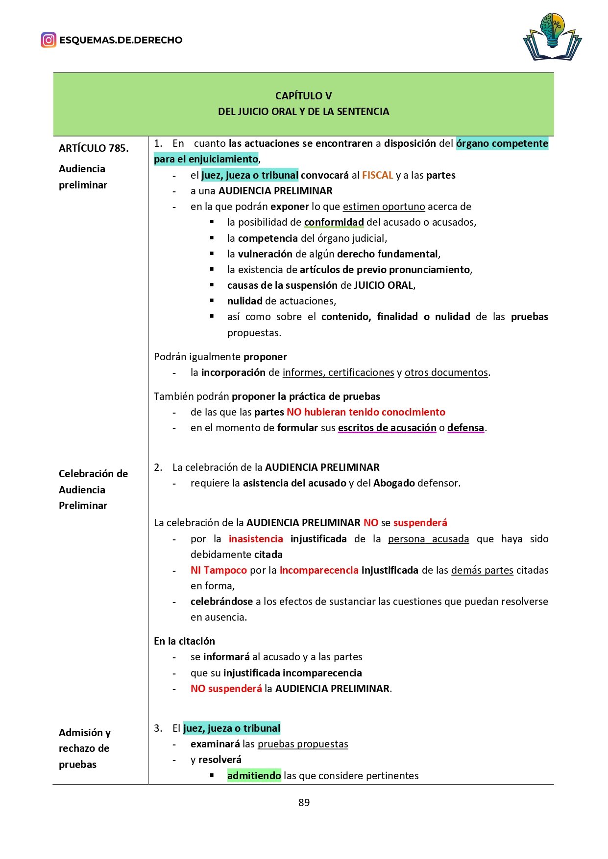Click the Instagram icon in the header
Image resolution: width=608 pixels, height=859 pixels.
[49, 40]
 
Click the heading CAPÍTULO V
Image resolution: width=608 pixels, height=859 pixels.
[303, 96]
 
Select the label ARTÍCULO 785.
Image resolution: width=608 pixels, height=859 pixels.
[94, 148]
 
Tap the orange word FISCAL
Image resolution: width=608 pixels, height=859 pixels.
[377, 175]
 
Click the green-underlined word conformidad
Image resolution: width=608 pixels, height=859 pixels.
[334, 222]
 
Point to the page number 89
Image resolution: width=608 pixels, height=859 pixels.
[304, 802]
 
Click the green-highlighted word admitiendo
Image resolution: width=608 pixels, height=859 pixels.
[254, 775]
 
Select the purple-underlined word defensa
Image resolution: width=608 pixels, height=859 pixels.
[465, 428]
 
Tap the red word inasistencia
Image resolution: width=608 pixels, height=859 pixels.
[256, 539]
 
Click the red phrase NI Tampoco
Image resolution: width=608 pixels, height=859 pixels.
[219, 570]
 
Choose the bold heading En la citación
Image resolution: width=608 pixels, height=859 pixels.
[184, 641]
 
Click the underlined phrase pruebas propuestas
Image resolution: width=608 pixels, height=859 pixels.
[303, 744]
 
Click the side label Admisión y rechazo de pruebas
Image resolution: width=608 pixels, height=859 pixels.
[84, 748]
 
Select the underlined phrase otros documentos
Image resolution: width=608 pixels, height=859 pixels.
[446, 372]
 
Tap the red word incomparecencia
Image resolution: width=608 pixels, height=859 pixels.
[319, 570]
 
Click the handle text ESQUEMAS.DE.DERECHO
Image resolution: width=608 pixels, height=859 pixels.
[121, 40]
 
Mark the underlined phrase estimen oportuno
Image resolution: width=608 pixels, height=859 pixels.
[384, 207]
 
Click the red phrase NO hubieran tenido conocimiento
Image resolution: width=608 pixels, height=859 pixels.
[365, 412]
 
